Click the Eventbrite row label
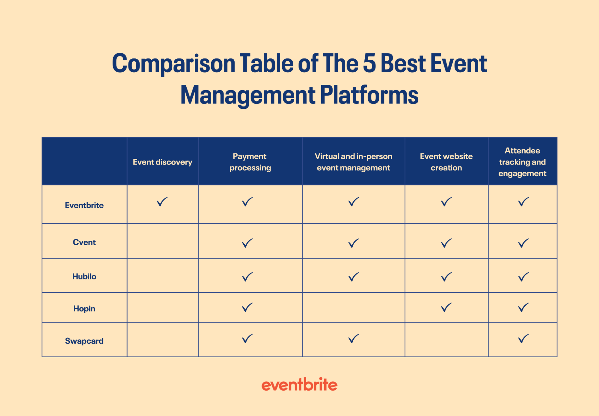click(84, 205)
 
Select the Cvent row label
click(84, 242)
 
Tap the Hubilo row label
click(84, 276)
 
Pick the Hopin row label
click(84, 308)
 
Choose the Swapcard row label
click(84, 341)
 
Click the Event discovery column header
click(162, 162)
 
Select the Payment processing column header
click(250, 162)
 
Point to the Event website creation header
click(446, 162)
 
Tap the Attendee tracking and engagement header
click(522, 162)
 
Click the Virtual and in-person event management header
click(353, 162)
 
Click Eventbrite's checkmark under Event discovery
click(162, 202)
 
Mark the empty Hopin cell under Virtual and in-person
click(353, 308)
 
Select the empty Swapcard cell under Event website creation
click(446, 340)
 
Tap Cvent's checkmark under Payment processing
click(247, 243)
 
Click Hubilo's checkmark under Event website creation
click(446, 277)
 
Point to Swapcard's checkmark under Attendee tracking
click(523, 339)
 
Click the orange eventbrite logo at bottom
click(299, 385)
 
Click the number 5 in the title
click(369, 64)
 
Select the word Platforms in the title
click(369, 95)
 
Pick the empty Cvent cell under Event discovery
click(162, 241)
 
